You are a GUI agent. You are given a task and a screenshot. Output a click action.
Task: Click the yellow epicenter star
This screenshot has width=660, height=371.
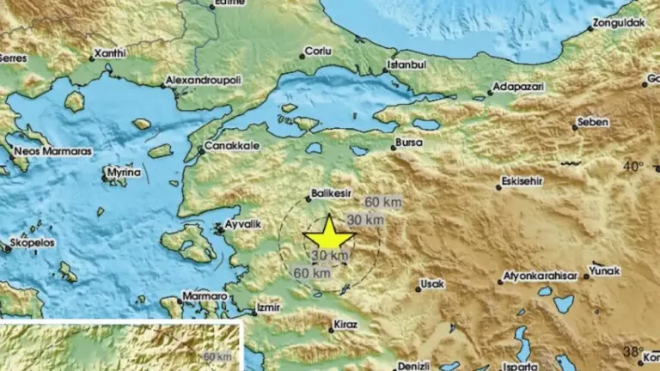tap(329, 234)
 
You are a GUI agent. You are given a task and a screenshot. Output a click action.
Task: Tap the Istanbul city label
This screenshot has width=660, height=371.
tap(407, 65)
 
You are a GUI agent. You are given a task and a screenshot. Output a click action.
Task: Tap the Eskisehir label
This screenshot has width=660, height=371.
tap(527, 182)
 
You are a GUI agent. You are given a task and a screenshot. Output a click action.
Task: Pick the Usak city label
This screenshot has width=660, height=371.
tap(431, 283)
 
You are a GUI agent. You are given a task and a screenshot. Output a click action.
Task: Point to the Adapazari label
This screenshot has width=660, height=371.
tap(521, 88)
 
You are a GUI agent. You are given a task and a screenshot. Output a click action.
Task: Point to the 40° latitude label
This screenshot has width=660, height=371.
tap(633, 166)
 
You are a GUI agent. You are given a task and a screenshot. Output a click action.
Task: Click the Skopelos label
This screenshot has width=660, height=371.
tap(34, 243)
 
